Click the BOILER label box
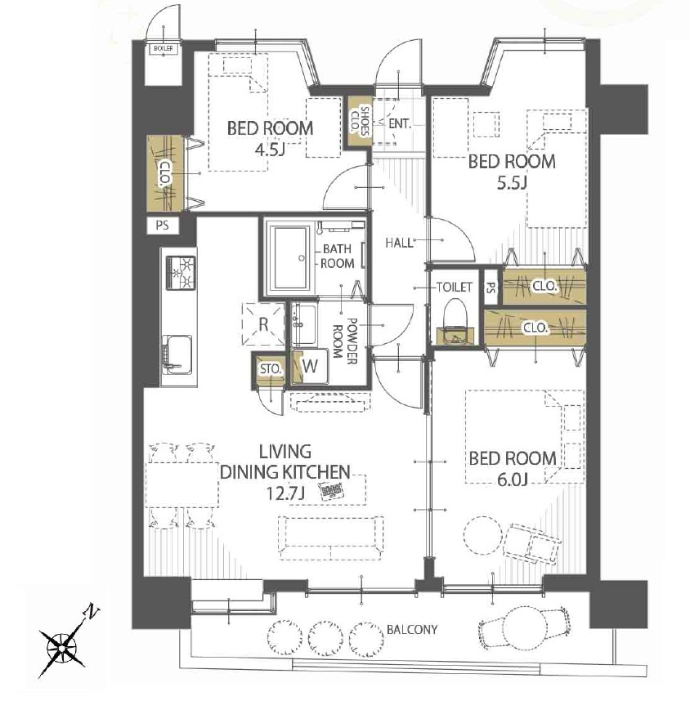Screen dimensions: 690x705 point(163,48)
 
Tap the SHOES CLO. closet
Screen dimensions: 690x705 point(359,121)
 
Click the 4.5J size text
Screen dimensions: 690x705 point(270,149)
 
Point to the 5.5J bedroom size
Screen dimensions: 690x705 point(512,182)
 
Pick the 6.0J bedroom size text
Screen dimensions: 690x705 point(513,480)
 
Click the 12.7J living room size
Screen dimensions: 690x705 point(285,493)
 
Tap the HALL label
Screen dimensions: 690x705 point(399,243)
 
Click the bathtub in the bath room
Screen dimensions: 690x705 point(292,257)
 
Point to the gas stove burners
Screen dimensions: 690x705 point(181,273)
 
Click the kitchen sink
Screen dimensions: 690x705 point(178,355)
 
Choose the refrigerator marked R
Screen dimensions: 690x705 point(263,323)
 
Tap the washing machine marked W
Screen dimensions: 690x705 point(310,366)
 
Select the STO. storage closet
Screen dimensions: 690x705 point(270,369)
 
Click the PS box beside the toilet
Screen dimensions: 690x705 point(491,287)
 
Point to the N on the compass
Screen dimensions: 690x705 point(92,612)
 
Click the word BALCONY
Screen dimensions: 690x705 point(412,630)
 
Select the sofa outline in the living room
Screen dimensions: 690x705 point(331,538)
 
